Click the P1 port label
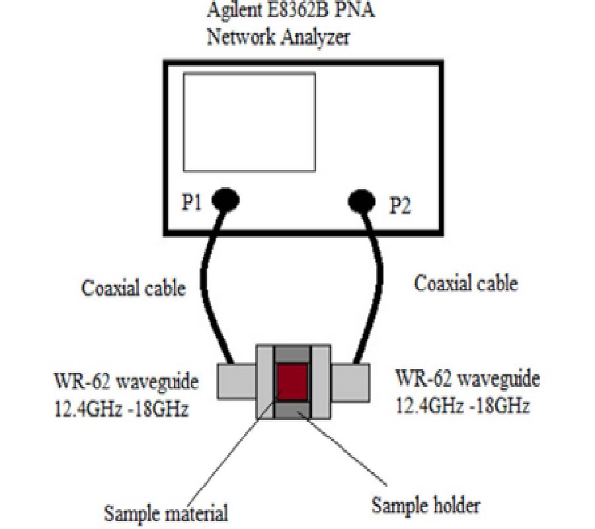point(192,204)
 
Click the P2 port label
point(400,206)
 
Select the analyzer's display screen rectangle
point(249,121)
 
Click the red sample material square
point(292,383)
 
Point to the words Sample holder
point(425,506)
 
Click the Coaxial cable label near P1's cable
point(133,288)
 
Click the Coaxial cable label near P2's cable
point(465,284)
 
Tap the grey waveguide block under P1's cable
point(235,380)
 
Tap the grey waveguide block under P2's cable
point(350,382)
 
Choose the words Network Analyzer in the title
point(278,37)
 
